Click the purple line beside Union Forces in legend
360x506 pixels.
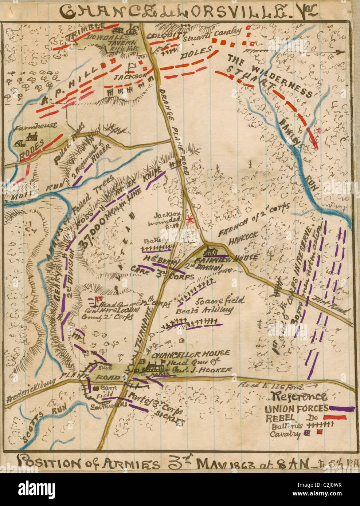(341, 409)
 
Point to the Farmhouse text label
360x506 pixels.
(34, 126)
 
